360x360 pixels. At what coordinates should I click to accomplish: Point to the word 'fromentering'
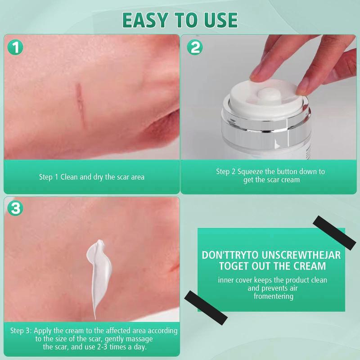[273, 296]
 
